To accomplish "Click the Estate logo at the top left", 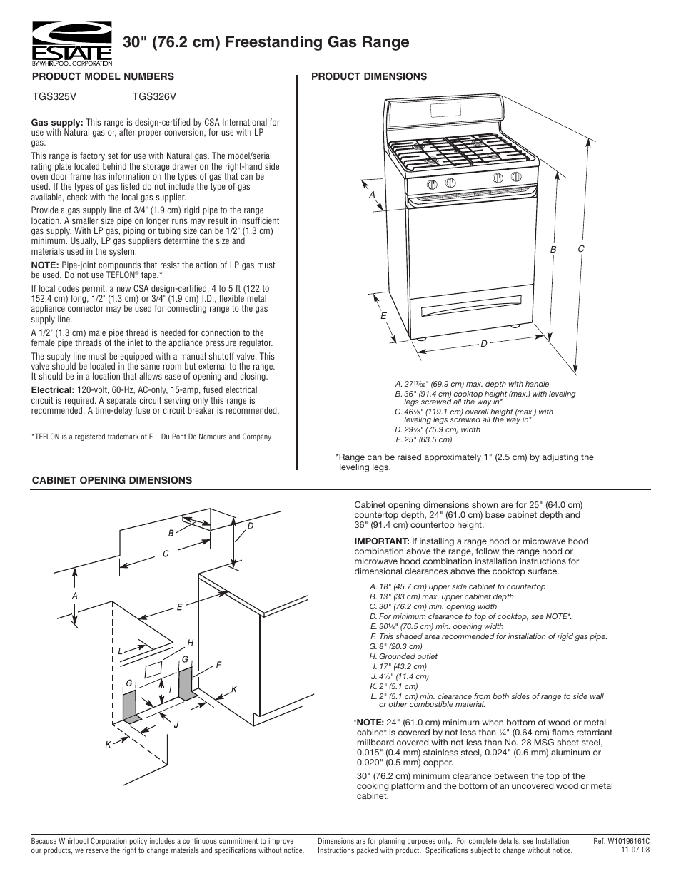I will (x=71, y=43).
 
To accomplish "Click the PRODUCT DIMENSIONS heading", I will (x=369, y=76).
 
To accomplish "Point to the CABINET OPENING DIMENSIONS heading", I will (x=111, y=480).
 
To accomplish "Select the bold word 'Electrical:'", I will (x=54, y=390).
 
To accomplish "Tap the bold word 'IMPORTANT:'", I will (x=381, y=541).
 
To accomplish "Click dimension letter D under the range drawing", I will (x=483, y=344).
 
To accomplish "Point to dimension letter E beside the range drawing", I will (x=383, y=315).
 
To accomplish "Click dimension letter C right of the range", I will (x=581, y=248).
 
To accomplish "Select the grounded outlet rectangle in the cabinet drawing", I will (x=152, y=671).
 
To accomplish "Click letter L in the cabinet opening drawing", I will (x=121, y=651).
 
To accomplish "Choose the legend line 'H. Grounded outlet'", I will (x=403, y=656).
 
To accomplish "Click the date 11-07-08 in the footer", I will (x=635, y=850).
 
